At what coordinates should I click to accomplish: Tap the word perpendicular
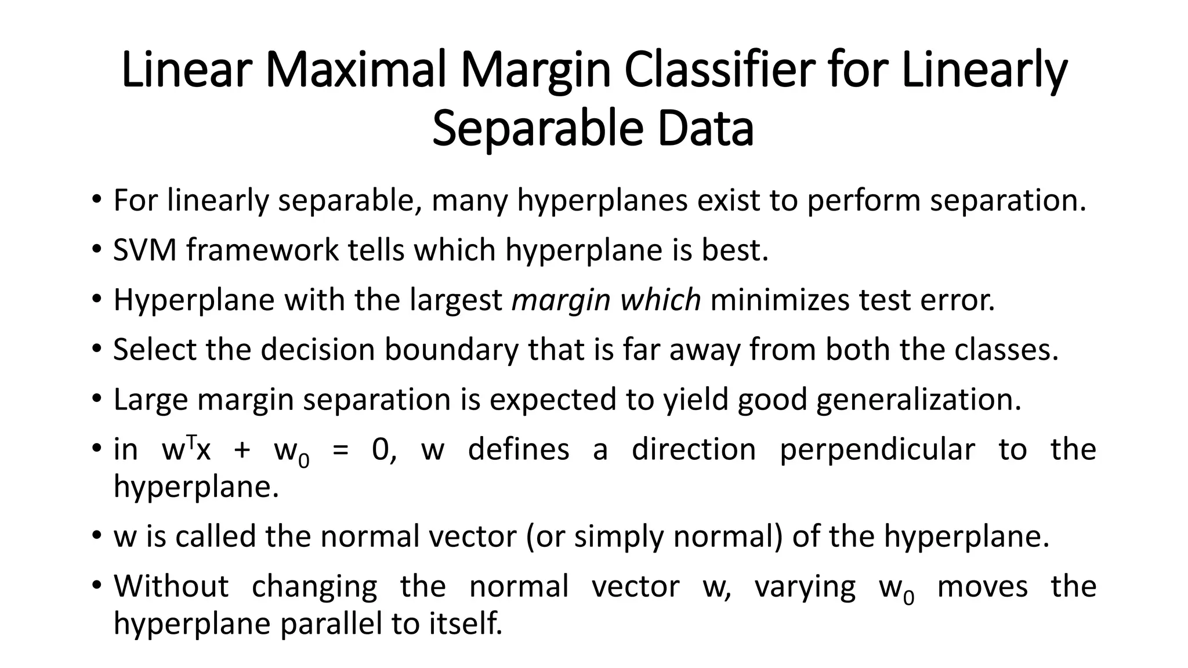point(878,450)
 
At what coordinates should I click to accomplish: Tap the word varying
point(805,587)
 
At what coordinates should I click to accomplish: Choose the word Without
point(171,586)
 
